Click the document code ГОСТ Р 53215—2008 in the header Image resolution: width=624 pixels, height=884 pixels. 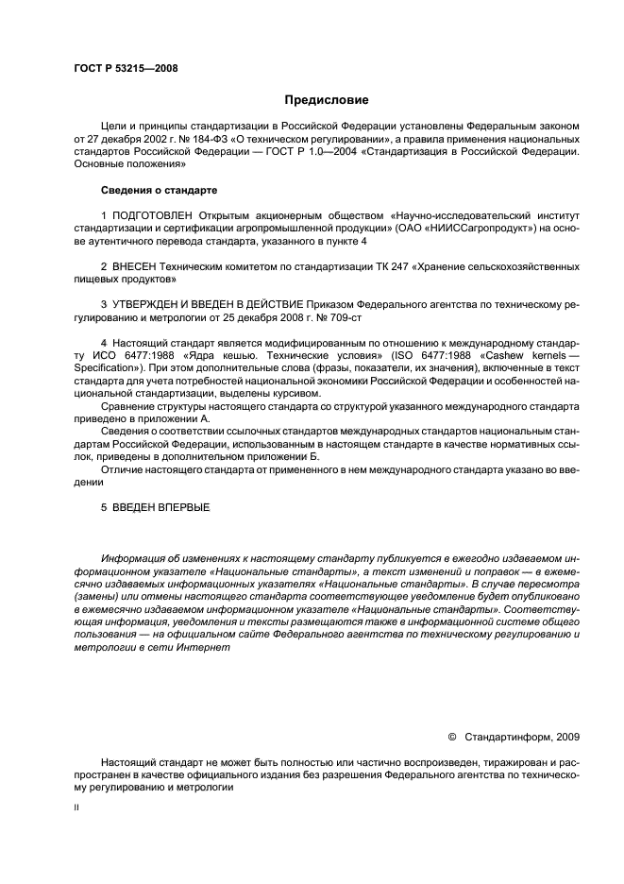125,68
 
